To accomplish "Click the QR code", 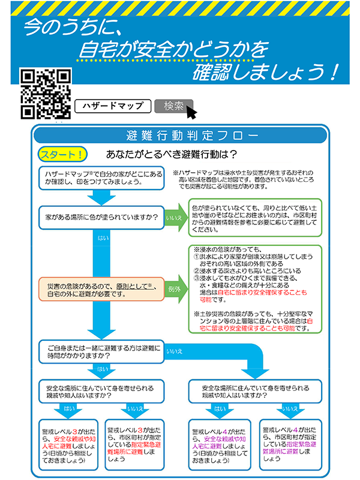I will tap(46, 94).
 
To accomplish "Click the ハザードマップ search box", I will tap(113, 106).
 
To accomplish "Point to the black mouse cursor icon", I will tap(191, 112).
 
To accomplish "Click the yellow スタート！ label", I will tap(63, 154).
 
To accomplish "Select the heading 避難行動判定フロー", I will tap(180, 134).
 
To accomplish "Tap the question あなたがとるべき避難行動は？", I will tap(170, 154).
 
